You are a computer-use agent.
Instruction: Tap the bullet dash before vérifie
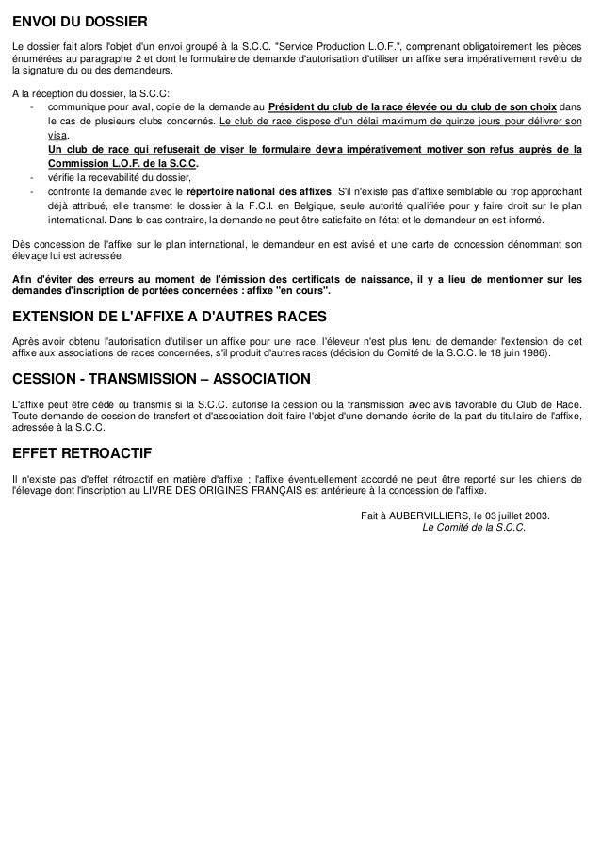tap(32, 176)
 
